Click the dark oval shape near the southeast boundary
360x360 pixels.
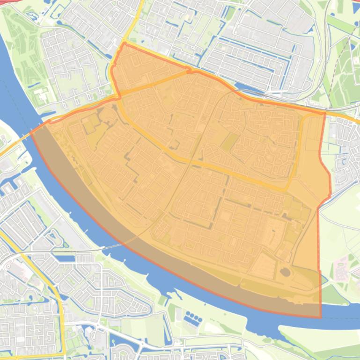(x=285, y=272)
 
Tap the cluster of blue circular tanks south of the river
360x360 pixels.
(x=193, y=319)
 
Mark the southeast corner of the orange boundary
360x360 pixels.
(x=321, y=317)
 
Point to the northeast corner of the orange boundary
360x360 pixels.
(x=325, y=113)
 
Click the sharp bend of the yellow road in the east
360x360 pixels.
(x=287, y=189)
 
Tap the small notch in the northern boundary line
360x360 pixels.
(x=189, y=71)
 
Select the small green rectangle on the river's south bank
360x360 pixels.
(x=162, y=300)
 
